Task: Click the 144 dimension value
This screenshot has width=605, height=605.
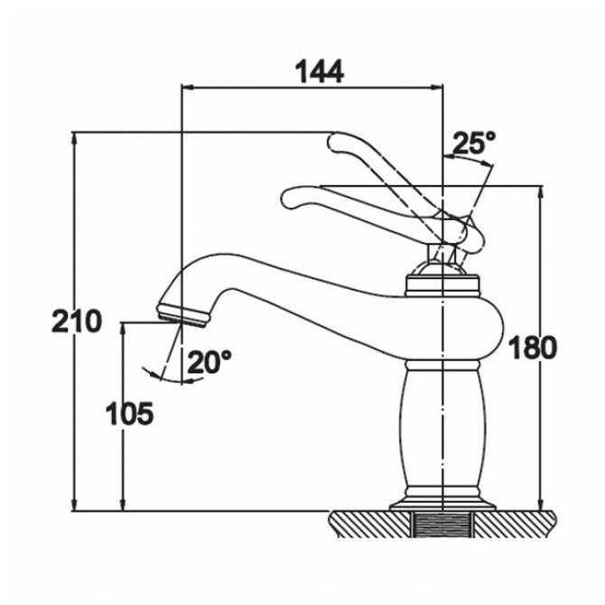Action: [x=321, y=70]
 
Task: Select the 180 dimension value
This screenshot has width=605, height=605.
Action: [x=533, y=348]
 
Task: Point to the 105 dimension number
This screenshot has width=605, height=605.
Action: [x=129, y=414]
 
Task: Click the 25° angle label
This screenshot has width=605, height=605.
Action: [x=474, y=144]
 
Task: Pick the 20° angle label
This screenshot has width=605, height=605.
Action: [x=209, y=362]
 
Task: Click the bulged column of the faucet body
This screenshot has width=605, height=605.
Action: [x=442, y=424]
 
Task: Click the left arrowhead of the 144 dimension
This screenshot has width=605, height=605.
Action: [x=189, y=87]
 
